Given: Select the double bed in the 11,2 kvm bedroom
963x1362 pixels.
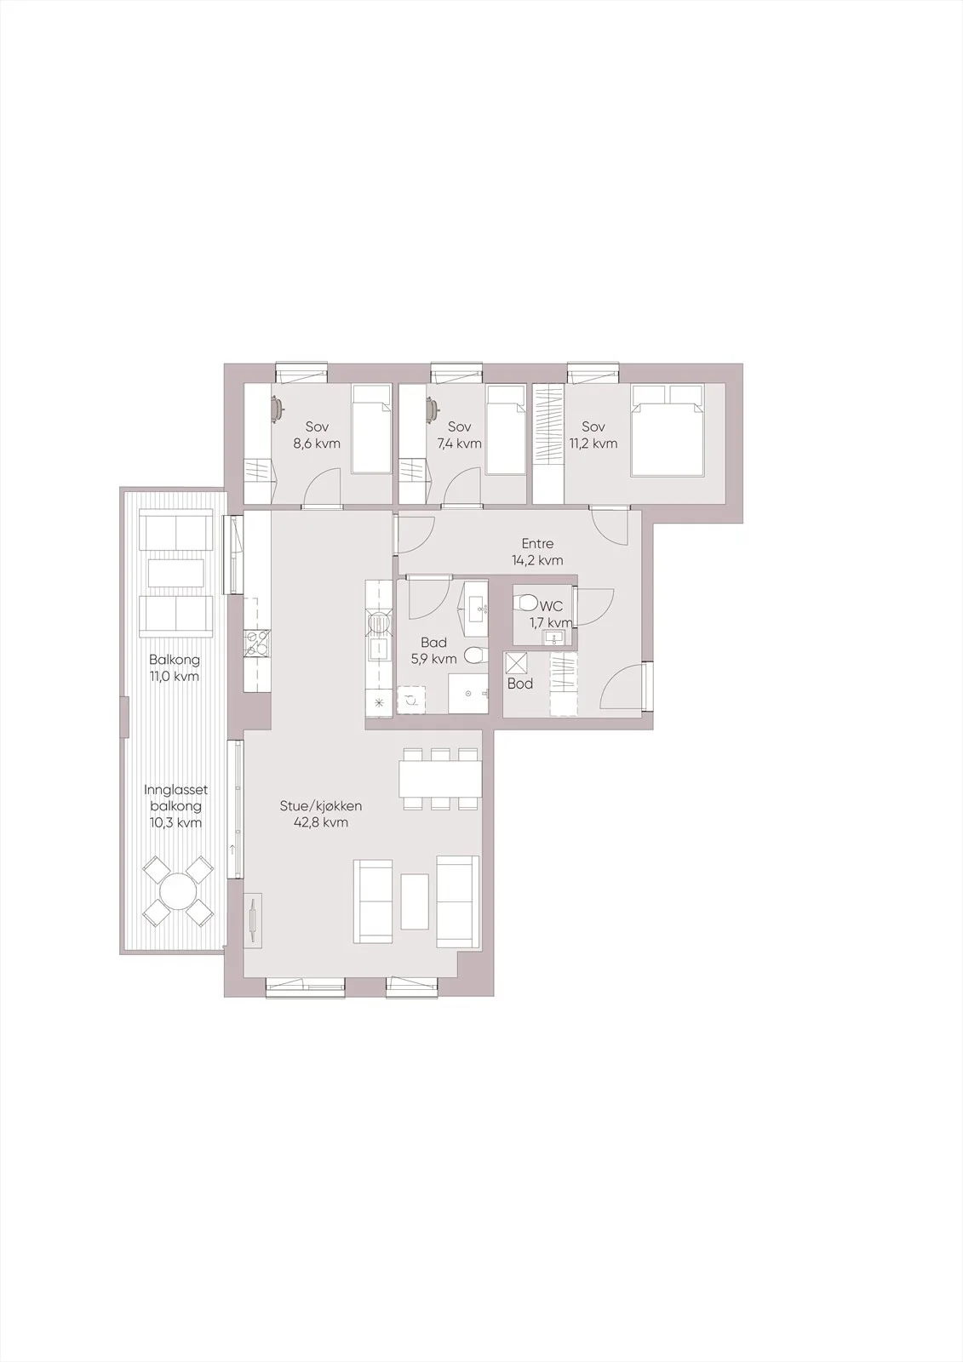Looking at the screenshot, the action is tap(668, 430).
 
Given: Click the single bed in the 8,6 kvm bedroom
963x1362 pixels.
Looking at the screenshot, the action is tap(371, 429).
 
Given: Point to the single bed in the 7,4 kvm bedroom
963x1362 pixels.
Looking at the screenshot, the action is tap(506, 430).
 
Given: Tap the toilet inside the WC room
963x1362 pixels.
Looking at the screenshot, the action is tap(526, 604).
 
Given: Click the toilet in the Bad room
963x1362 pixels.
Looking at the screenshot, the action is tap(475, 655).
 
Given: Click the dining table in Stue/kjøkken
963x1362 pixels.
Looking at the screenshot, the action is tap(440, 779).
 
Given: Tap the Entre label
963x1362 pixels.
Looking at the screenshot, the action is tap(538, 544).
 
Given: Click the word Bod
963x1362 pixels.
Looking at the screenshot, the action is tap(520, 684).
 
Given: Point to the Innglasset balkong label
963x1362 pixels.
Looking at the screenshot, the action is tap(176, 798).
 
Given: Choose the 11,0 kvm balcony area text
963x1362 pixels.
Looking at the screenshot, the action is tap(175, 676).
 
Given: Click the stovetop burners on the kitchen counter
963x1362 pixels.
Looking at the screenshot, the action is tap(256, 644).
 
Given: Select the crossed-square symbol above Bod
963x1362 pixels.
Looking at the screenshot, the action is tap(518, 663).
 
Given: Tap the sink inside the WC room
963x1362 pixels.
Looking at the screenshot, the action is tap(553, 638).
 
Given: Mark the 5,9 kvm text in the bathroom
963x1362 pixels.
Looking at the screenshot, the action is tap(433, 659).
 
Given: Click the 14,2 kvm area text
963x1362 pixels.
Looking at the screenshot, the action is tap(538, 561).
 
